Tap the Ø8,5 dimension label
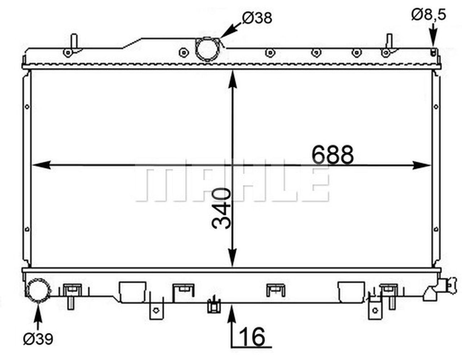(429, 14)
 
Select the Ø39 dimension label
(38, 339)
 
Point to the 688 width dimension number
(332, 155)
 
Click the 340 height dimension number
(221, 208)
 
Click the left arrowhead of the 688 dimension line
(42, 165)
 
